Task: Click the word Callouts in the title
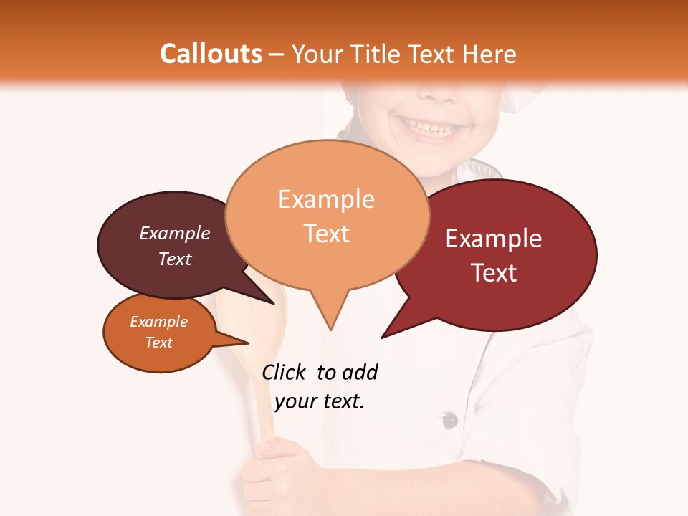click(211, 54)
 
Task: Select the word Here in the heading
click(489, 54)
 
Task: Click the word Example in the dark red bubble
click(494, 239)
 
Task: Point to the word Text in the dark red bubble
click(494, 273)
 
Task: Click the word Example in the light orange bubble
click(326, 199)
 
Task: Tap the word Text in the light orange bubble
click(326, 234)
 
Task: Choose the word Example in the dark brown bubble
click(175, 233)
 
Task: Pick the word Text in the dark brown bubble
click(175, 259)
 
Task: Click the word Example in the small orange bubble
click(158, 322)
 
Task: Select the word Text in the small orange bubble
click(158, 343)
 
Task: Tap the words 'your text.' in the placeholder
click(320, 401)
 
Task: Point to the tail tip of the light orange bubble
click(330, 330)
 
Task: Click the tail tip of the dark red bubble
click(382, 338)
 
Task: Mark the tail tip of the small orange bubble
click(248, 343)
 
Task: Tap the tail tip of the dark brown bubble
click(274, 303)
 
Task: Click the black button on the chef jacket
click(449, 420)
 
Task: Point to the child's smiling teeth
click(429, 128)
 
